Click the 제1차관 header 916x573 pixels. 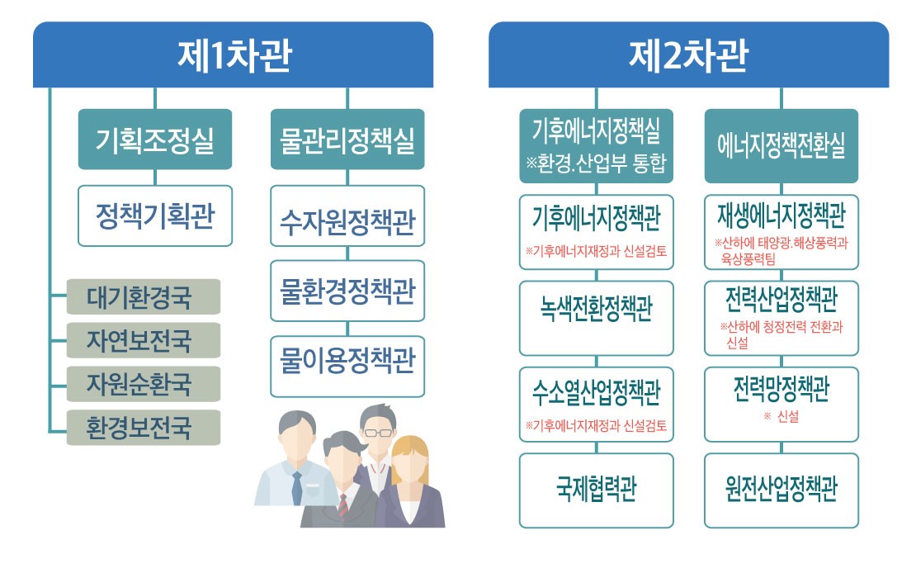click(234, 55)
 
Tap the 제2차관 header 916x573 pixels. click(688, 55)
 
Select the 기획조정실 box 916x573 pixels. click(155, 139)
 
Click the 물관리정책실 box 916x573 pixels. click(347, 139)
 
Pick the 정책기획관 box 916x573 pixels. click(155, 215)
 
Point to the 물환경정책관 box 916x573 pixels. click(347, 291)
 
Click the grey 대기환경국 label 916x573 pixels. click(143, 297)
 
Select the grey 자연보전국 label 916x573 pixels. click(143, 340)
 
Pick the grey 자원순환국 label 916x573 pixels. click(143, 384)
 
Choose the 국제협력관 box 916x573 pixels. click(596, 490)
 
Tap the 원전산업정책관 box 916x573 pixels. click(781, 490)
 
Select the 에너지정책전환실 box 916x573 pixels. click(781, 146)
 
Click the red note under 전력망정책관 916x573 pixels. click(781, 418)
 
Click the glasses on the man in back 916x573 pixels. click(379, 432)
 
